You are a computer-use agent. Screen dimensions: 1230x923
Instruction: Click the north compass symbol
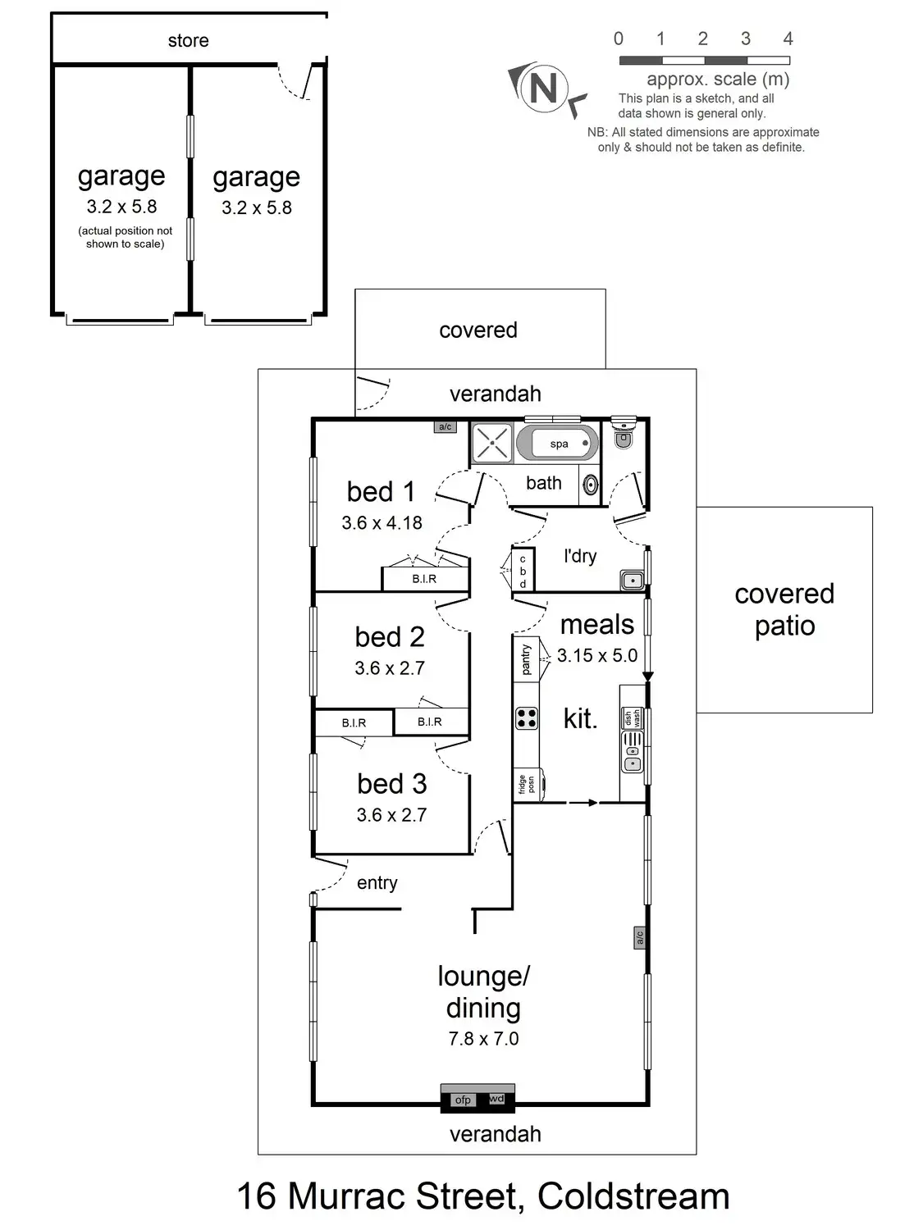[544, 87]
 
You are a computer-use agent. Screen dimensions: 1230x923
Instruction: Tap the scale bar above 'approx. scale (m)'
[704, 60]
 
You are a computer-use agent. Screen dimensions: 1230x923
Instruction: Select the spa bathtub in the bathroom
[557, 444]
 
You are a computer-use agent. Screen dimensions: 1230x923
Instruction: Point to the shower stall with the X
[492, 443]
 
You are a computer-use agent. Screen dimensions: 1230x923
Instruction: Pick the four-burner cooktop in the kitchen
[527, 718]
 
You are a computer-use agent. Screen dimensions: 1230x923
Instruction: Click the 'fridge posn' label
[526, 785]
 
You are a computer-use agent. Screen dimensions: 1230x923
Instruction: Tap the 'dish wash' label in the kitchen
[632, 718]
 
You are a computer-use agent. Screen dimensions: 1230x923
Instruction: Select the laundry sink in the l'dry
[632, 581]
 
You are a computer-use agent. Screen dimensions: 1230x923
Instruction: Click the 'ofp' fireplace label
[463, 1100]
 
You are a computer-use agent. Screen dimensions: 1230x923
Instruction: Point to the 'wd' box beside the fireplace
[496, 1099]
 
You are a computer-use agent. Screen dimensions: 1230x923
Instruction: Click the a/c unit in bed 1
[445, 426]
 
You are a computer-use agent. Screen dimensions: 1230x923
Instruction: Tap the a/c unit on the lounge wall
[639, 936]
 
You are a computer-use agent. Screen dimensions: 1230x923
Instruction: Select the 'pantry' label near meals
[526, 659]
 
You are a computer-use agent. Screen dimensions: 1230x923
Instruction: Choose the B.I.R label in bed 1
[424, 579]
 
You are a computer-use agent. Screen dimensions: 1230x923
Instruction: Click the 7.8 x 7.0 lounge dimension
[483, 1039]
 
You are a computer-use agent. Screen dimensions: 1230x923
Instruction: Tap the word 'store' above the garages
[188, 40]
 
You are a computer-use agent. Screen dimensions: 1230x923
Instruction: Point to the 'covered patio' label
[784, 609]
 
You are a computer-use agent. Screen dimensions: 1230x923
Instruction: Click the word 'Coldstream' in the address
[633, 1196]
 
